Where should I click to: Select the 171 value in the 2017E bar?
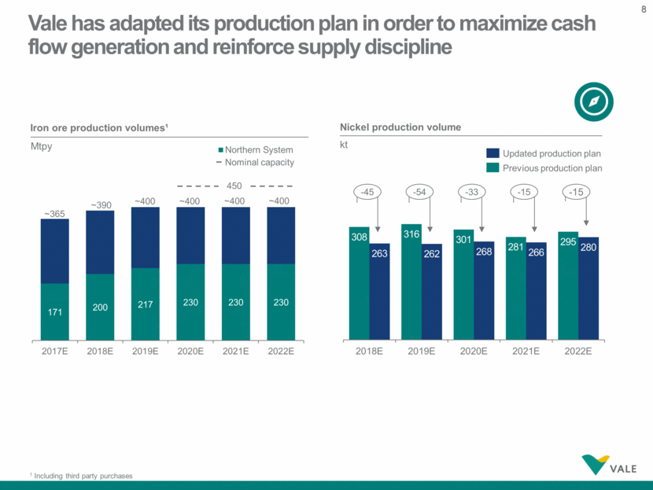[54, 312]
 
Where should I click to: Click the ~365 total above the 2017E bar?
[54, 213]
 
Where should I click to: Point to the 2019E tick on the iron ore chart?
[145, 350]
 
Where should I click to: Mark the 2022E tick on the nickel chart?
[578, 350]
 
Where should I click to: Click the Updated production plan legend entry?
[544, 153]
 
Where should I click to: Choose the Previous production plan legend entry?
[544, 168]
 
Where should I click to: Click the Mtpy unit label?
[42, 146]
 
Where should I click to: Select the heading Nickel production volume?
[400, 127]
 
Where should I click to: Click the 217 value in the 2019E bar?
[145, 303]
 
